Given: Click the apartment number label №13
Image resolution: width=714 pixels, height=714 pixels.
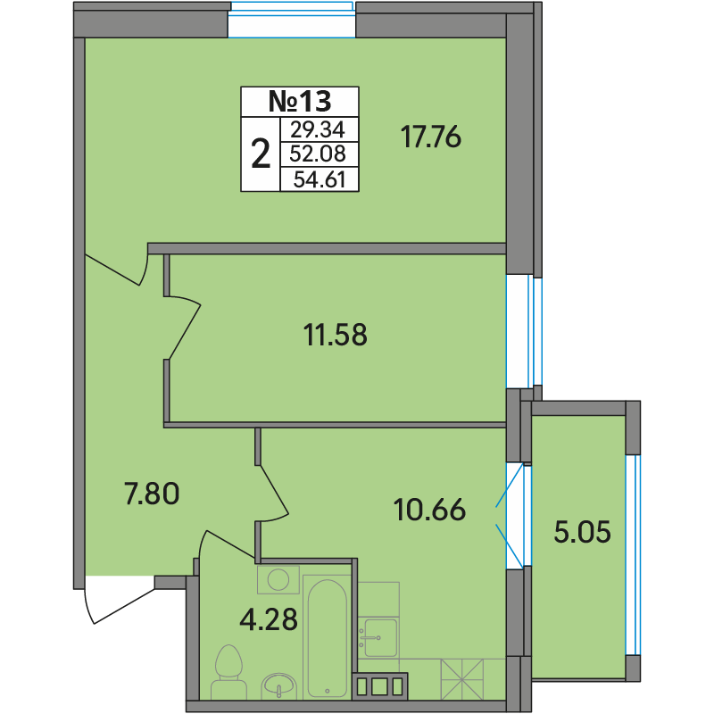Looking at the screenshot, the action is (300, 101).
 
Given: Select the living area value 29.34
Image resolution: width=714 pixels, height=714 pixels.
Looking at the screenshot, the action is (318, 129).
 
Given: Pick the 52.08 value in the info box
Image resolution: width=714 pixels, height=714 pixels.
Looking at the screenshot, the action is (318, 154).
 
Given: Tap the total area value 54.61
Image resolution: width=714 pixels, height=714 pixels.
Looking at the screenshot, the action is (320, 179).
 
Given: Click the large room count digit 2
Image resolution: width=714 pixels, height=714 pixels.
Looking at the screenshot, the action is (261, 154).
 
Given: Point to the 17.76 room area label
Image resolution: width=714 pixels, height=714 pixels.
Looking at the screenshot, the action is (431, 137).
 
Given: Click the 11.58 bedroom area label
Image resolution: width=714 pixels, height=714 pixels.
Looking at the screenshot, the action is (336, 335).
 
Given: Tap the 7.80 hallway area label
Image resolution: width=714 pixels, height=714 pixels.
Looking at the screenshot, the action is (152, 494).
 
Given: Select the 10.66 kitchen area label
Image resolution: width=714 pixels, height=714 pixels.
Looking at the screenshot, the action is (429, 510).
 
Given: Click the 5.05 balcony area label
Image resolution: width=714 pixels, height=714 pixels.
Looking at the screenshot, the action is (583, 532).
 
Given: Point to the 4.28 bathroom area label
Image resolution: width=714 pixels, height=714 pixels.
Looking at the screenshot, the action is (269, 619).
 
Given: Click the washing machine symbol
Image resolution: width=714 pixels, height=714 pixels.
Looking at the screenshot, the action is (278, 579).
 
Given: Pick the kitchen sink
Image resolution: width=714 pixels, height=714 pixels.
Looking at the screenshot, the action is (378, 637).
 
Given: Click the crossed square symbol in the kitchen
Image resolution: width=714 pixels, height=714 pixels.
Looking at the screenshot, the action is (461, 679).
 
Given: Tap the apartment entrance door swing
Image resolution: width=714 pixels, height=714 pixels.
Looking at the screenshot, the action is (120, 600).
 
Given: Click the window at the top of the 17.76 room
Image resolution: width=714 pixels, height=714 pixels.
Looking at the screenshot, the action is (292, 20).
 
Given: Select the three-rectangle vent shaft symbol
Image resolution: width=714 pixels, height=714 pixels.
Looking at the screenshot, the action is (379, 686).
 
